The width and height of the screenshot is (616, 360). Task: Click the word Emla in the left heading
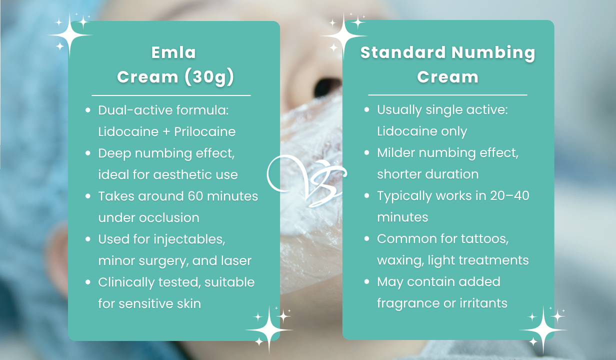point(173,52)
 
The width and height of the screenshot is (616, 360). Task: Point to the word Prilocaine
point(204,131)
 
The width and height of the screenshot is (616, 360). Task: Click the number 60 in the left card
point(203,196)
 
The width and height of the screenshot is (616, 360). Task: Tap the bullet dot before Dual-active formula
point(88,110)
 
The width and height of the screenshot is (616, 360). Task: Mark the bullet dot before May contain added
point(367,282)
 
